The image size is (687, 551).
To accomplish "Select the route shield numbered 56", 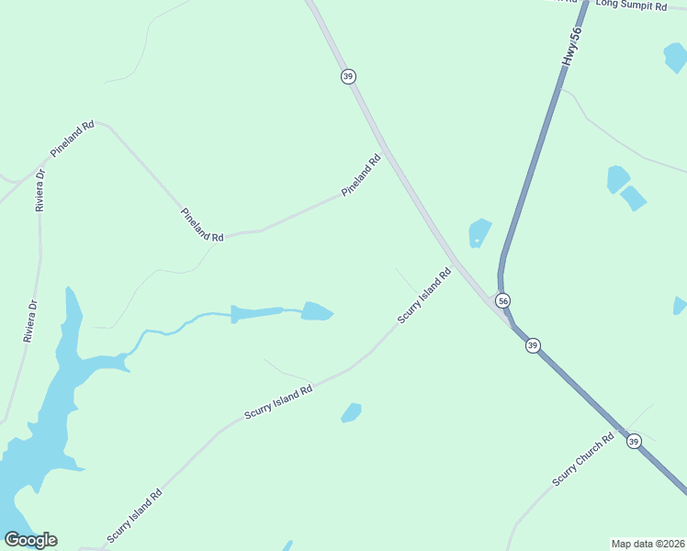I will pyautogui.click(x=502, y=300).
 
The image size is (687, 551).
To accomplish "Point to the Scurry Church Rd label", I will pyautogui.click(x=582, y=460).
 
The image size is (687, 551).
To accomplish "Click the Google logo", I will pyautogui.click(x=30, y=539).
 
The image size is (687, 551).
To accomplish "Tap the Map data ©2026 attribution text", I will pyautogui.click(x=648, y=543).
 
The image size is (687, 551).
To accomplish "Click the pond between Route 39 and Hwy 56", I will pyautogui.click(x=479, y=232).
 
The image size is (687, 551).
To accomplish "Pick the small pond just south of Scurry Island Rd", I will pyautogui.click(x=351, y=412).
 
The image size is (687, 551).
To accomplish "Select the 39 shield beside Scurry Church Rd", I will pyautogui.click(x=634, y=442).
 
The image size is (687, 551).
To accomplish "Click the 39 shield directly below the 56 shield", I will pyautogui.click(x=533, y=345).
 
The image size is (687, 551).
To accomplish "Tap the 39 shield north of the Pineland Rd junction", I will pyautogui.click(x=347, y=76).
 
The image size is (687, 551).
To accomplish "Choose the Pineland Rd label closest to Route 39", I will pyautogui.click(x=361, y=175).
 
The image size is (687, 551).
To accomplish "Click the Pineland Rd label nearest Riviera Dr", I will pyautogui.click(x=73, y=139).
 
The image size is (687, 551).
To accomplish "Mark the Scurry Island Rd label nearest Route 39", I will pyautogui.click(x=424, y=295).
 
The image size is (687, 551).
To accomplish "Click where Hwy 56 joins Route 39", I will pyautogui.click(x=508, y=319).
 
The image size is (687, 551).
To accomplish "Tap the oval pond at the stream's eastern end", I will pyautogui.click(x=316, y=311).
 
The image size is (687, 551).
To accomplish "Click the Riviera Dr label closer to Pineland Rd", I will pyautogui.click(x=39, y=191).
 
